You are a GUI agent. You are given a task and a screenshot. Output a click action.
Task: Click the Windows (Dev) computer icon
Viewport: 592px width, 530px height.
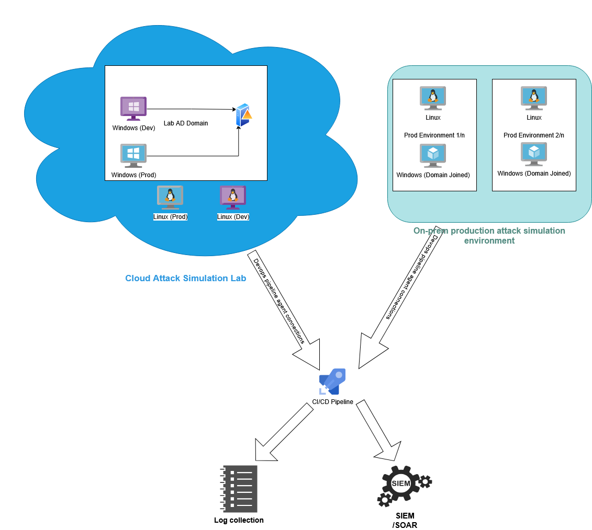133,108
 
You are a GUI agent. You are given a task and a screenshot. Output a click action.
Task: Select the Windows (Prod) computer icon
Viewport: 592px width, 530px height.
133,155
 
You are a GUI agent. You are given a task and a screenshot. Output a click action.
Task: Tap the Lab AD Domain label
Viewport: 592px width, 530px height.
186,123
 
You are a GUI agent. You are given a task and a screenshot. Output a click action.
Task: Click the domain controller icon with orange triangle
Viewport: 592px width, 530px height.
244,115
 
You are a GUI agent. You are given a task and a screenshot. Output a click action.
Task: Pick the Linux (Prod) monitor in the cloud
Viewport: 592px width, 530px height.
170,197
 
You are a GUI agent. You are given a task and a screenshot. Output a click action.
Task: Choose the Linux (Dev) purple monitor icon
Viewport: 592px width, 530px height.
233,197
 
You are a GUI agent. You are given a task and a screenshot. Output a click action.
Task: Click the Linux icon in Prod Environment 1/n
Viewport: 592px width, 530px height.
433,98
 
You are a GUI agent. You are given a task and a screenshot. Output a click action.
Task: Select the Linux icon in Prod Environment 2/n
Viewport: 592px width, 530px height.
534,98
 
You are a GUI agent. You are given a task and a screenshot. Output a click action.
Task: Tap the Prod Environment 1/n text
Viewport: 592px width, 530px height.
434,135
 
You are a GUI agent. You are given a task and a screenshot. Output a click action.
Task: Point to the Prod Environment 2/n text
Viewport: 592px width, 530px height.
534,135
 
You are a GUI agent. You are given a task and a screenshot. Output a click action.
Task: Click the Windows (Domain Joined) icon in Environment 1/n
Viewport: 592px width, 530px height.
433,155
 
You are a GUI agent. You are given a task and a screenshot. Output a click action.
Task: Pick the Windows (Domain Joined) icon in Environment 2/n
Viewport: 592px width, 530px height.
534,154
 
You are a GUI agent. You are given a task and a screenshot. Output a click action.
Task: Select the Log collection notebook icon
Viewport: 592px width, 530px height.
239,489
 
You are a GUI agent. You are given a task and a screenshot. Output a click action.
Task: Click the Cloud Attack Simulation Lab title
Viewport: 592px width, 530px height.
186,278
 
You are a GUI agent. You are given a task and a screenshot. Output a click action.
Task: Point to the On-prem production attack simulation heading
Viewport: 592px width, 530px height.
489,235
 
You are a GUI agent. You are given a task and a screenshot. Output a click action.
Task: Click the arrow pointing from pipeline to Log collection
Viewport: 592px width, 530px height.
281,432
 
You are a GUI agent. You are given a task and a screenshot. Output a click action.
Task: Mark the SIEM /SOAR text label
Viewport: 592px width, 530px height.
405,520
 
